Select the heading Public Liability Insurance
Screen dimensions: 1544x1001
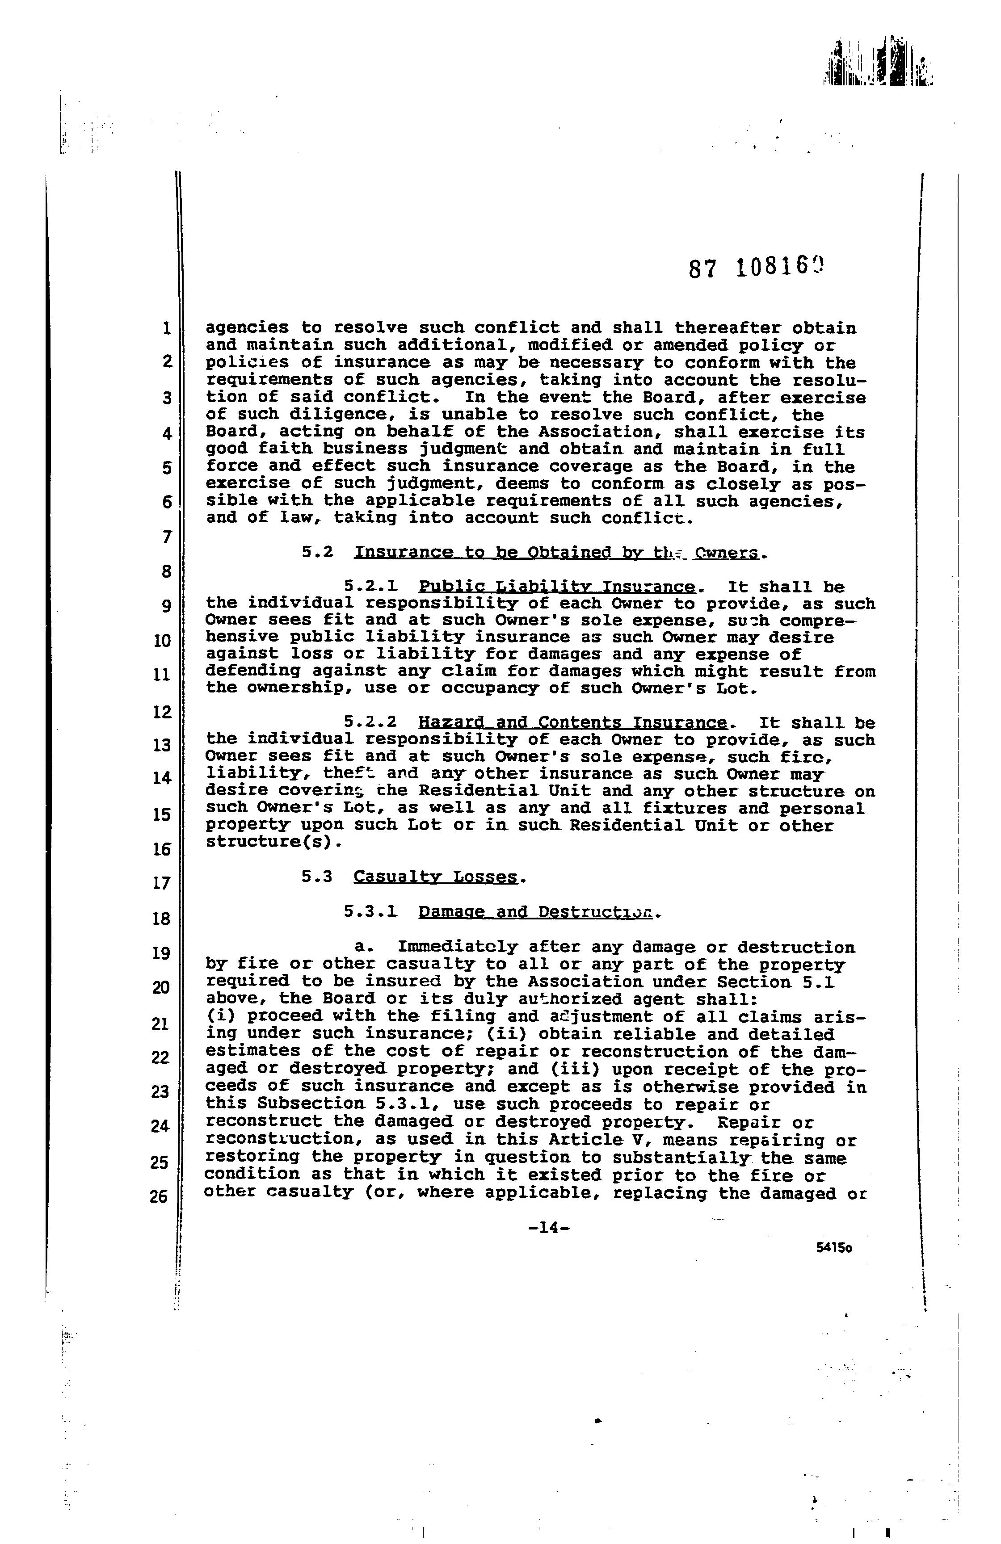[557, 587]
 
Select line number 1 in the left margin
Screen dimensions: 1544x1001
[167, 328]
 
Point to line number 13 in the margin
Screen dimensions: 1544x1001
[161, 745]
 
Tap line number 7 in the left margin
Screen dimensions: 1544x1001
[167, 537]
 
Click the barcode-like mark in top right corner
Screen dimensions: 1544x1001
[879, 71]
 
